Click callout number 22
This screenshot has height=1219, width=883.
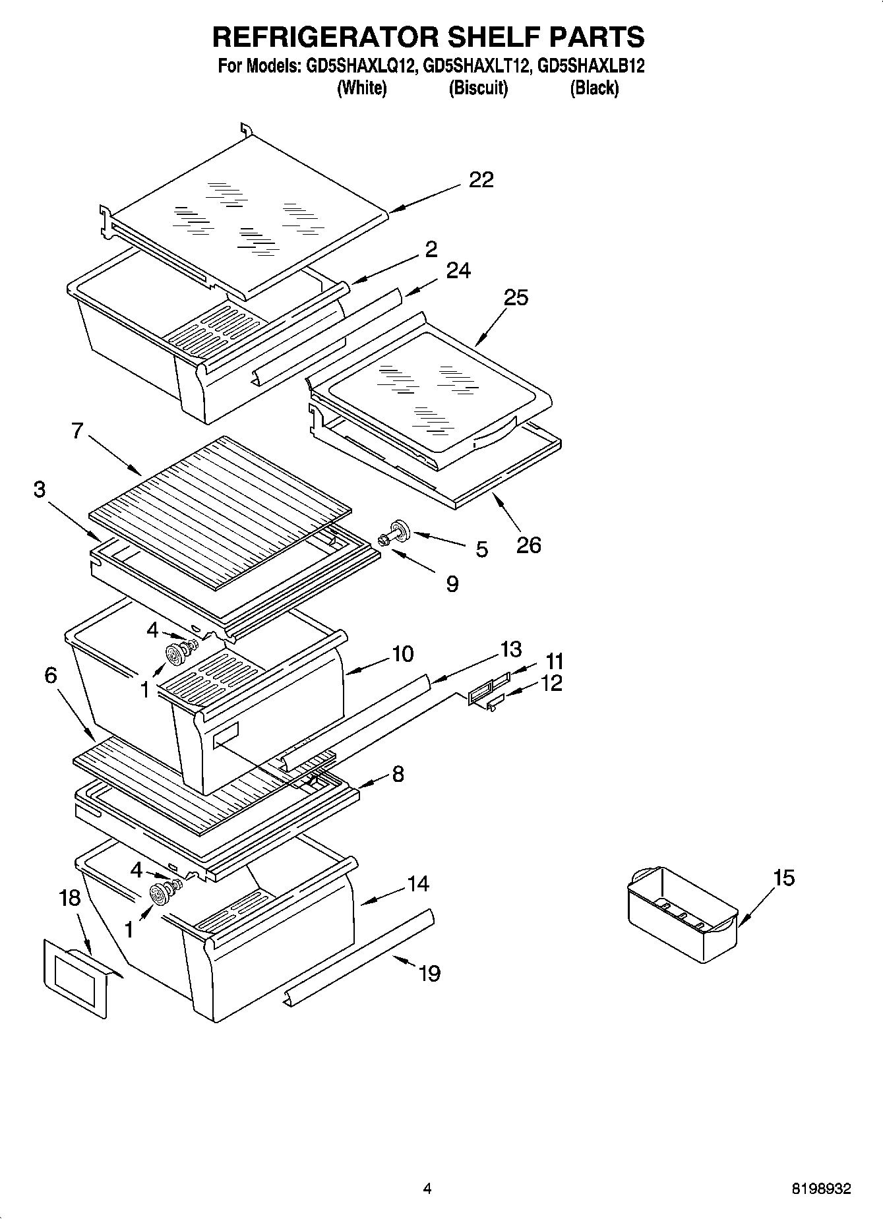(481, 179)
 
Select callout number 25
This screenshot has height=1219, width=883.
(516, 297)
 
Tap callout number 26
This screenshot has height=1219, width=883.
(528, 545)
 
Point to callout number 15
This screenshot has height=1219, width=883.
(783, 877)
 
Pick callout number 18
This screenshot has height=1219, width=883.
(69, 897)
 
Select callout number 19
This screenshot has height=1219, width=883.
(429, 973)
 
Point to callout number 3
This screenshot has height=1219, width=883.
(40, 491)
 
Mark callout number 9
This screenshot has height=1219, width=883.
(452, 583)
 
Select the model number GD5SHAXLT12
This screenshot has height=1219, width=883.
(476, 66)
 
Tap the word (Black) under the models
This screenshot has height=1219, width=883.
(594, 88)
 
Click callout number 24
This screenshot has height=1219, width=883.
(458, 270)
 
